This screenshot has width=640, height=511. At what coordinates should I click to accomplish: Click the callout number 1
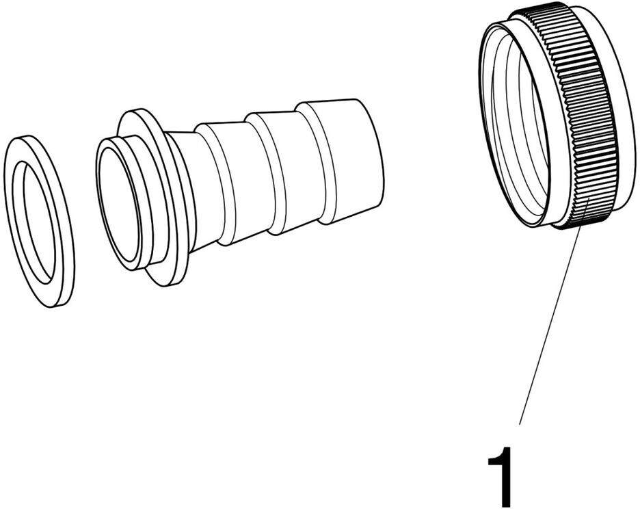pos(500,477)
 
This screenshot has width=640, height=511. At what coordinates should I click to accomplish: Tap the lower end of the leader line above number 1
pos(519,424)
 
